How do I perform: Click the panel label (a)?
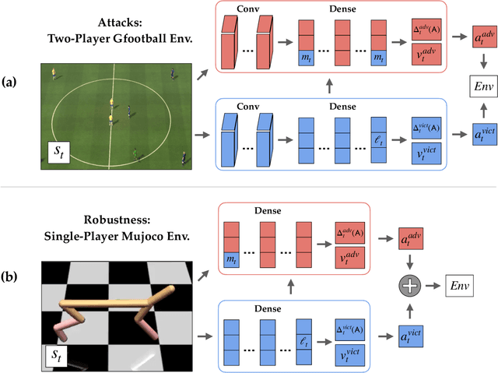tap(12, 82)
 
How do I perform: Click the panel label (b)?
tap(12, 276)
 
